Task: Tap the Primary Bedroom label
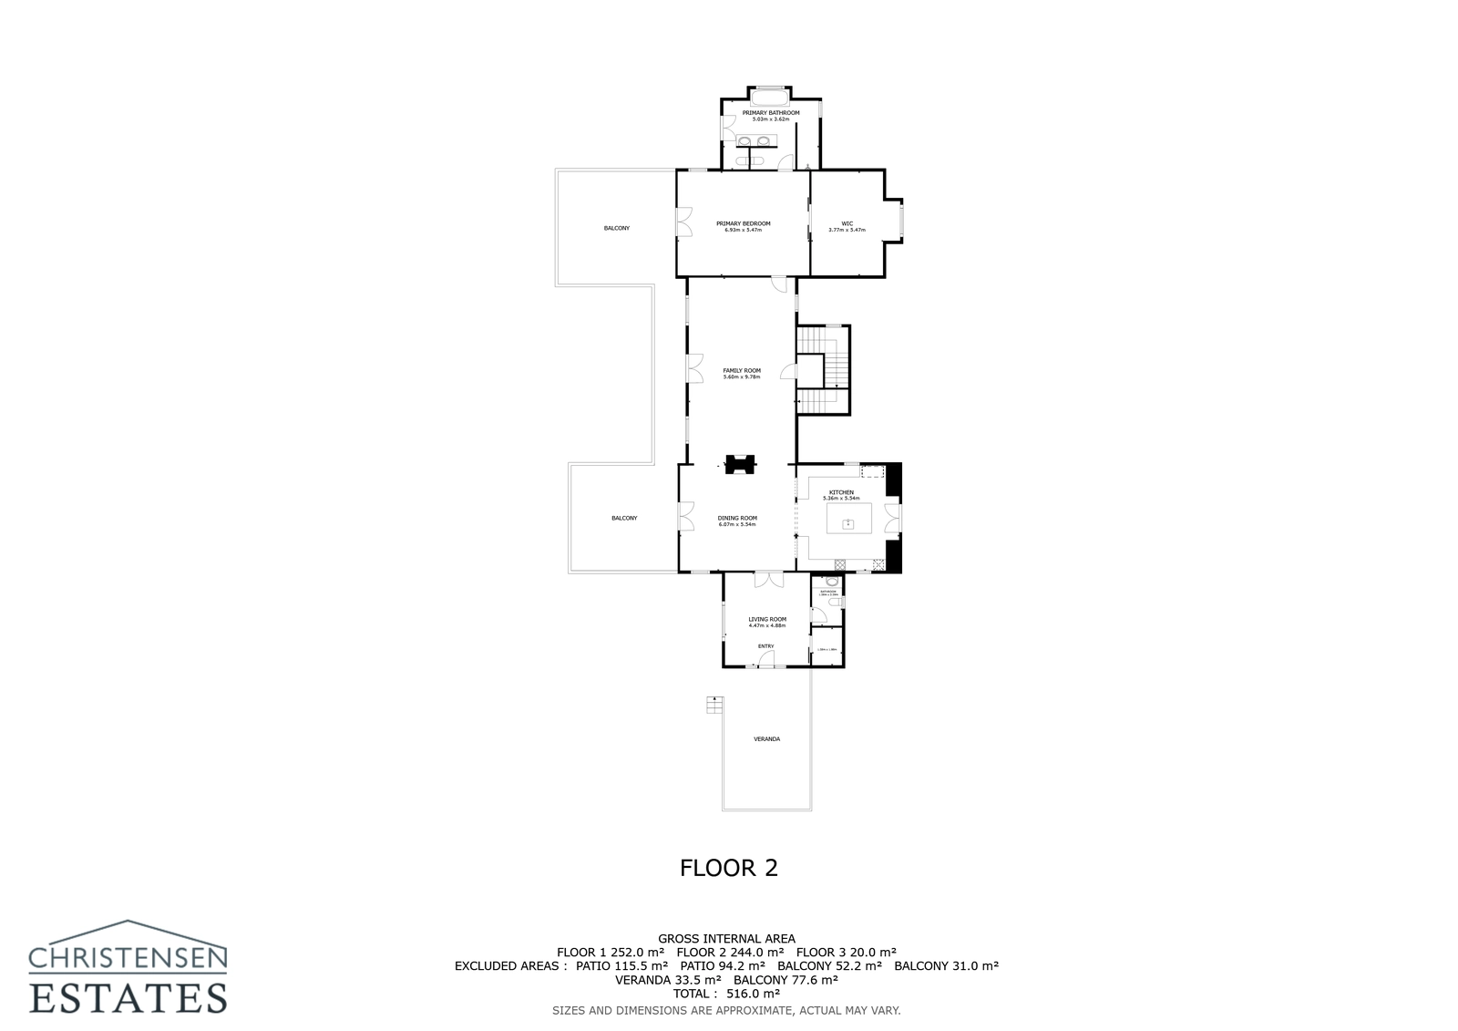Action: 743,223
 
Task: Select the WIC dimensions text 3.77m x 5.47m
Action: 847,230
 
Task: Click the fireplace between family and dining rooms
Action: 740,465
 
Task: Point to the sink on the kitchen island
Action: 847,524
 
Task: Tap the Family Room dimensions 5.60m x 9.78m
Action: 742,376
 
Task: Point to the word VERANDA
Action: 766,738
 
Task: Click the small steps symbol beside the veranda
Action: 714,705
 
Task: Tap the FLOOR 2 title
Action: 729,867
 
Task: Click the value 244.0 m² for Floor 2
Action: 750,952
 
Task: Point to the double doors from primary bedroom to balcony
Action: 682,222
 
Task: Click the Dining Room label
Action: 737,518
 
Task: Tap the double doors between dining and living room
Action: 768,579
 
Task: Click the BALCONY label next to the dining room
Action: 624,518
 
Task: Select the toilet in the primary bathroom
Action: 755,161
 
